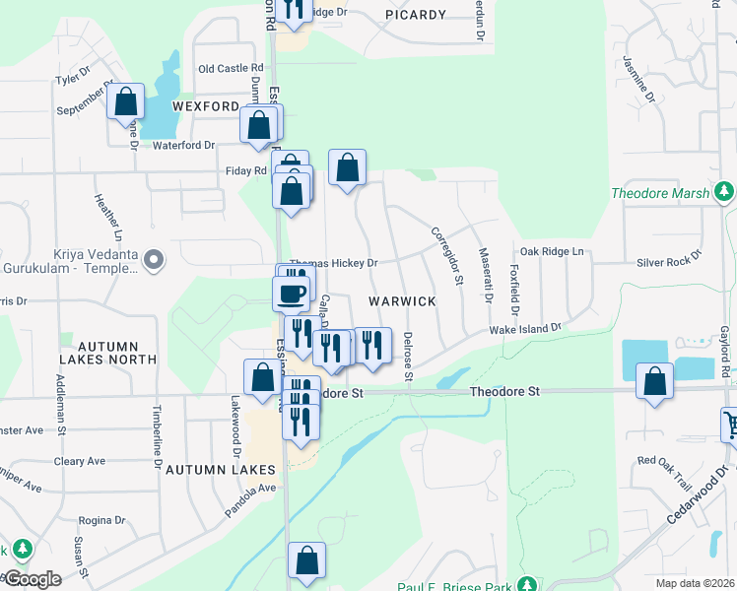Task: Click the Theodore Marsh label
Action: point(659,193)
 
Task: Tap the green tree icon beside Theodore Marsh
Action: point(724,191)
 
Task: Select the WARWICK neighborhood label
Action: point(402,300)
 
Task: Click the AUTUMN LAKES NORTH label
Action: point(116,353)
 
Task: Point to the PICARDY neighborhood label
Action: point(416,15)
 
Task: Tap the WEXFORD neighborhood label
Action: point(206,105)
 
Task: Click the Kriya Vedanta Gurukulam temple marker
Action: point(153,260)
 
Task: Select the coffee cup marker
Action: point(292,293)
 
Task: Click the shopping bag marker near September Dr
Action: point(126,101)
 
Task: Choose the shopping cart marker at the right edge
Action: point(731,425)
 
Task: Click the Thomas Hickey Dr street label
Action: point(333,263)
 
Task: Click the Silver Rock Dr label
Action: point(668,260)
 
